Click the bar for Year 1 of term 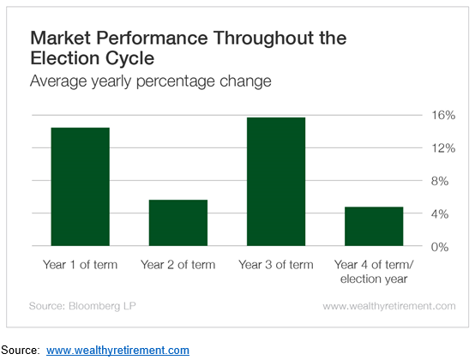(x=81, y=187)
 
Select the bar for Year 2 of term (x=178, y=223)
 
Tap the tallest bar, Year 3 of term (x=276, y=182)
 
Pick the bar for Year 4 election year (x=374, y=226)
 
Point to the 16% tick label (x=443, y=116)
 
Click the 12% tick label (x=443, y=148)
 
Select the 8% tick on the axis (x=440, y=181)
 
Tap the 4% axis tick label (x=440, y=214)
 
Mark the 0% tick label (x=440, y=247)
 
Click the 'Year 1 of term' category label (x=80, y=265)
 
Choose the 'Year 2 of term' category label (x=177, y=265)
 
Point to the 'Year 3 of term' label (x=276, y=265)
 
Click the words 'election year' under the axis (x=374, y=279)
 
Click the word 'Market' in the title (x=60, y=38)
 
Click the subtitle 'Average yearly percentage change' (x=151, y=81)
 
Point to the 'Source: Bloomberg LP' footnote (x=82, y=306)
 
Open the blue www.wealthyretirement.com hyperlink (x=117, y=351)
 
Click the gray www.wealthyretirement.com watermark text (x=389, y=306)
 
